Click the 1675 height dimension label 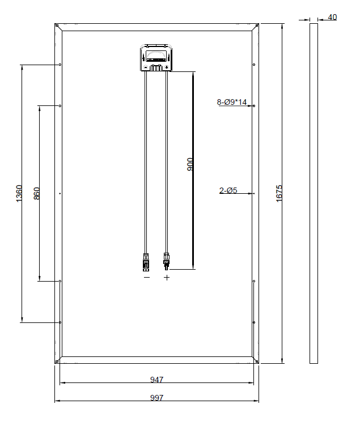[279, 193]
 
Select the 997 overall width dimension [156, 398]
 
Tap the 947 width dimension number [156, 380]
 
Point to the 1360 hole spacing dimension [19, 193]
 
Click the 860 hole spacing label [36, 193]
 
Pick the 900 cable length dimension [190, 164]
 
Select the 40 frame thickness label [332, 17]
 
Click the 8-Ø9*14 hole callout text [231, 102]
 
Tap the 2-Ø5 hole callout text [228, 190]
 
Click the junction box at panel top [156, 58]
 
